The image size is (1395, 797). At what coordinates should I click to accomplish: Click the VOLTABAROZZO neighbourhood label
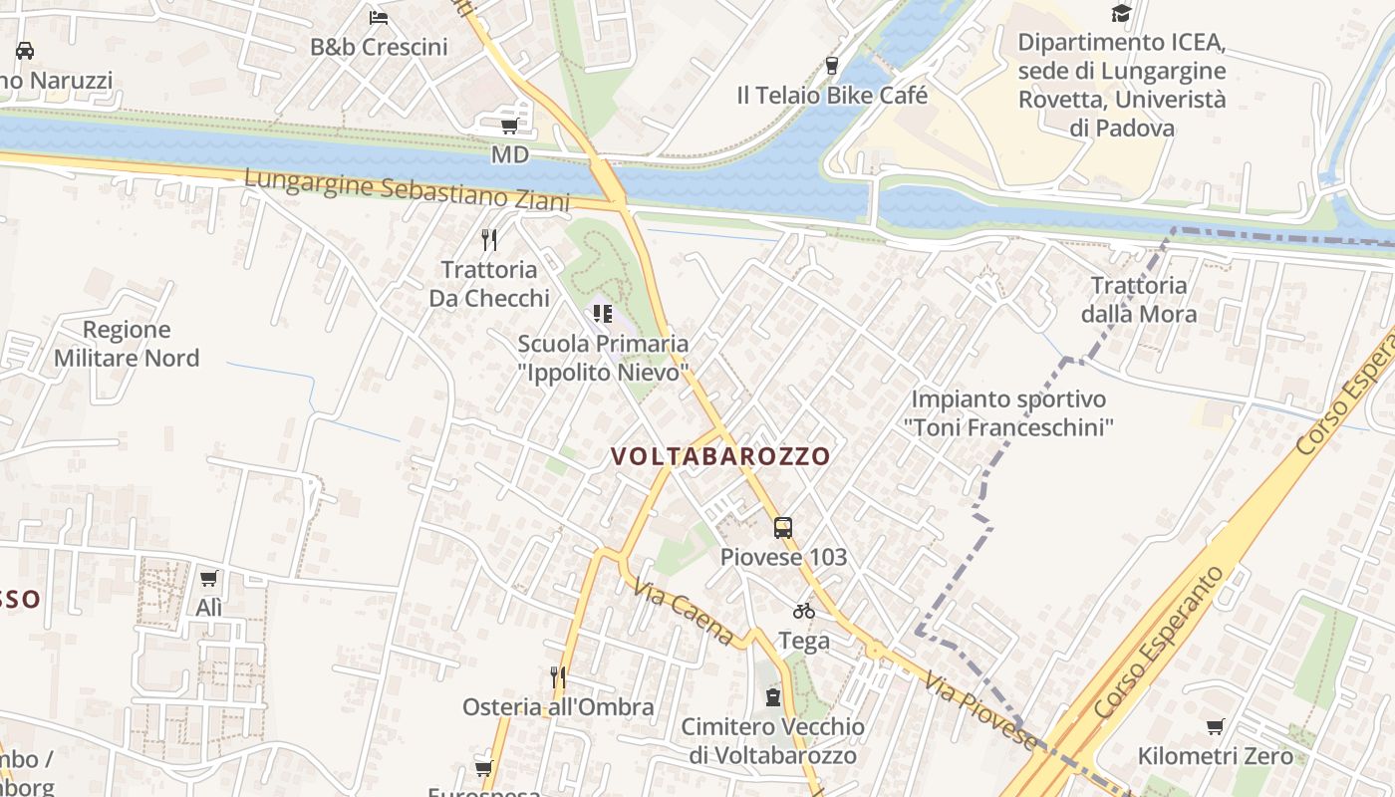coord(720,456)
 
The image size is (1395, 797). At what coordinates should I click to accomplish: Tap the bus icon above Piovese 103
coord(783,528)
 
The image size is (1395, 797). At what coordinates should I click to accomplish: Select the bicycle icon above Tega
coord(804,611)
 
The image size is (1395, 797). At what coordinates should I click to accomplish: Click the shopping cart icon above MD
coord(509,126)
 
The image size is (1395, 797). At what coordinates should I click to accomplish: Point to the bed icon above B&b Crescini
coord(378,17)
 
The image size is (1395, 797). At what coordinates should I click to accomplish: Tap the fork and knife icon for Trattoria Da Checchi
coord(489,240)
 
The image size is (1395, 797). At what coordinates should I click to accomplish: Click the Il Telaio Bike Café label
coord(832,96)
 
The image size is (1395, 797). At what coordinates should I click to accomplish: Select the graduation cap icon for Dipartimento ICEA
coord(1122,14)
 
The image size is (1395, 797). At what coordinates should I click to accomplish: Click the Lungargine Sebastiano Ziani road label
coord(407,188)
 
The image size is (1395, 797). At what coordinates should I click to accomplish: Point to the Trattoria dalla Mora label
coord(1139,300)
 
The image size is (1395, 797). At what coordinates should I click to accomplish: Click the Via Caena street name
coord(683,609)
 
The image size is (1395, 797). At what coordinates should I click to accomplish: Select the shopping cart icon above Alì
coord(208,579)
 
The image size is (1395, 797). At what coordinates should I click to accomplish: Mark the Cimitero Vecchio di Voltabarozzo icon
coord(773,697)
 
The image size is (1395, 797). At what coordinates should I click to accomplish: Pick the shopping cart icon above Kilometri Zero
coord(1215,727)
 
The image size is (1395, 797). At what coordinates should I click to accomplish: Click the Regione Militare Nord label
coord(127,344)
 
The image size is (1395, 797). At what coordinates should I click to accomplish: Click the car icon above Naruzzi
coord(25,51)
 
